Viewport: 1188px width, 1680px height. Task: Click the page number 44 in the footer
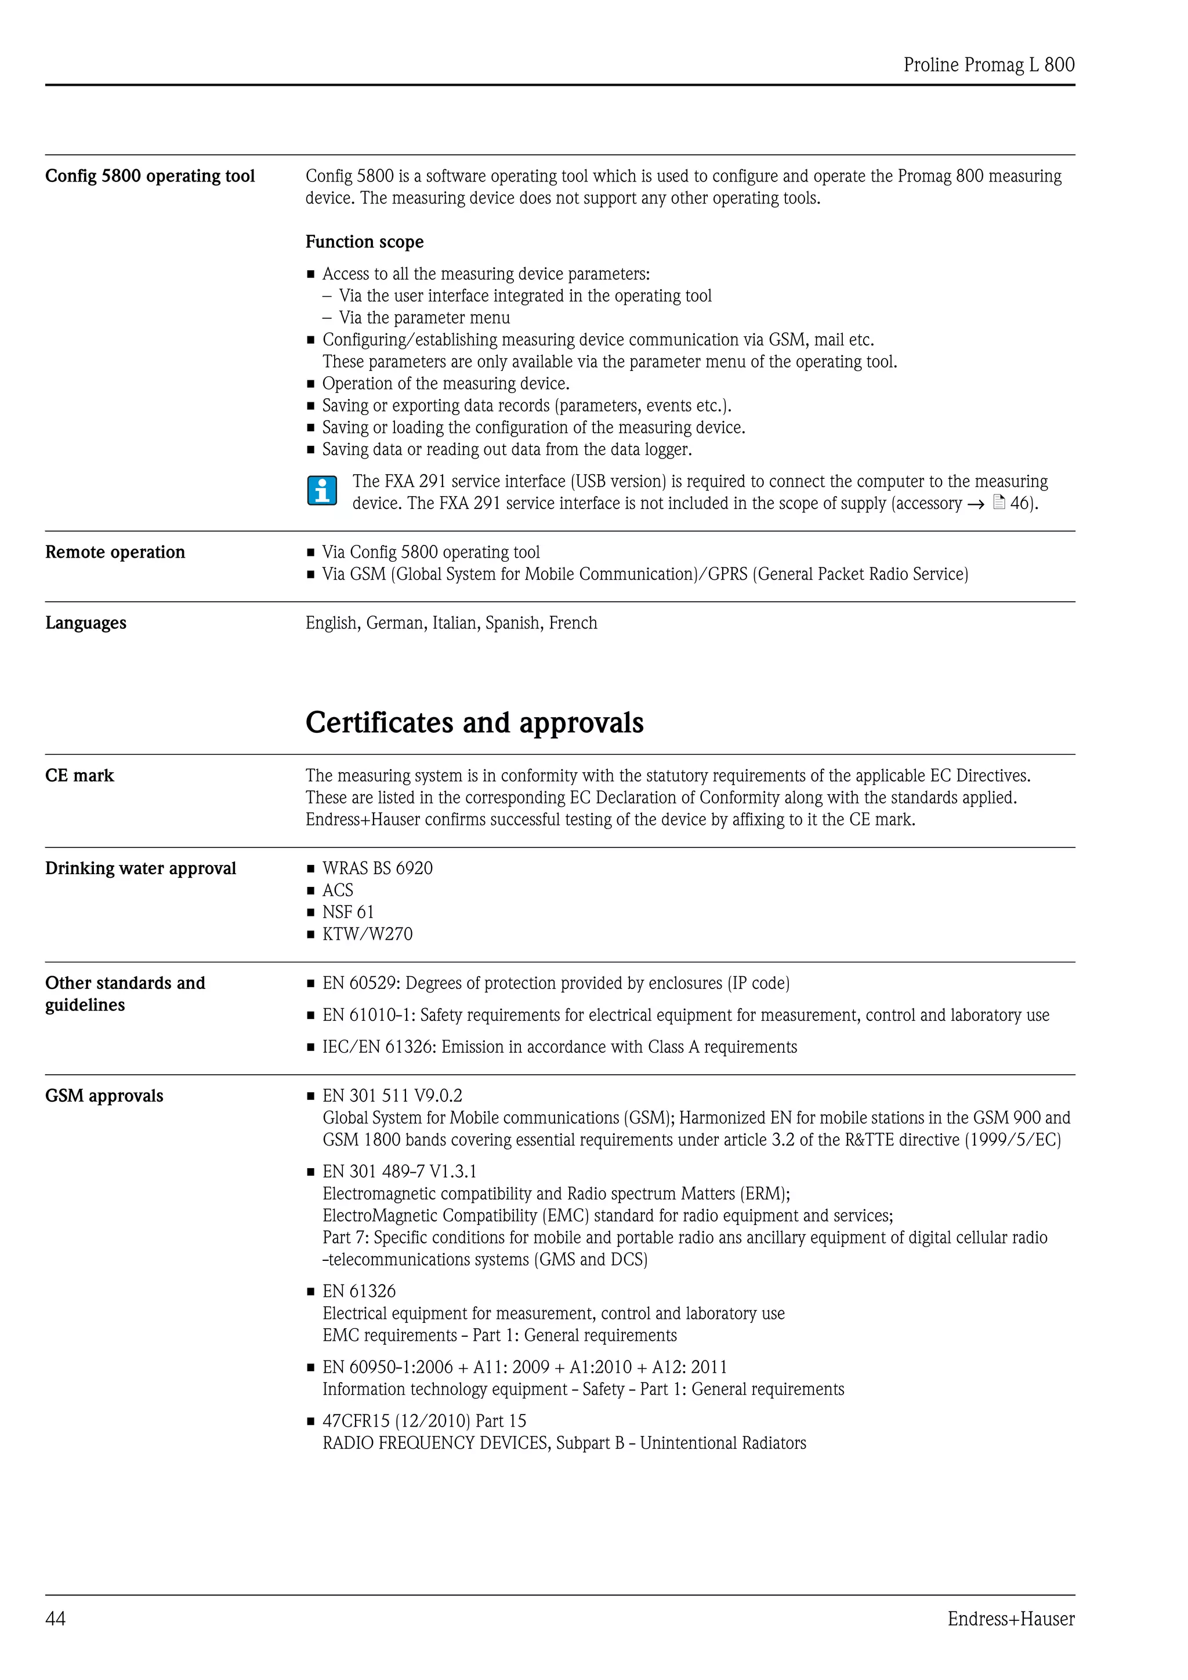pos(56,1618)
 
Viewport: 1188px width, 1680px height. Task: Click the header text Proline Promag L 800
pos(988,65)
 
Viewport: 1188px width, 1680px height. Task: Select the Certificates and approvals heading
pos(475,722)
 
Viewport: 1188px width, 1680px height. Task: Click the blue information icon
pos(322,491)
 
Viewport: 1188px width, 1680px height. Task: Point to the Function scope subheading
pos(364,242)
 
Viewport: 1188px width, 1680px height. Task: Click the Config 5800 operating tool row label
pos(150,176)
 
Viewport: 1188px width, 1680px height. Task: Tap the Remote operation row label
pos(115,552)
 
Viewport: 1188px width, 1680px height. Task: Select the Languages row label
pos(86,623)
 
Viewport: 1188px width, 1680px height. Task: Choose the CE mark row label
pos(80,776)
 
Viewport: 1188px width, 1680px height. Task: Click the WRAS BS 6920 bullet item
pos(377,868)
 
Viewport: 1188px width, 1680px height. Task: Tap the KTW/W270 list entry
pos(367,934)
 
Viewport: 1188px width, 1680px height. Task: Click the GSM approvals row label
pos(104,1096)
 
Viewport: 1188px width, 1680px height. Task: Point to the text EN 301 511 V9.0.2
pos(392,1096)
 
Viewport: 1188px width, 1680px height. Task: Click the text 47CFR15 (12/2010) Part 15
pos(424,1421)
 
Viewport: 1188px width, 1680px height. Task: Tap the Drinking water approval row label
pos(140,868)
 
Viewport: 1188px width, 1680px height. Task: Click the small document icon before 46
pos(999,503)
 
